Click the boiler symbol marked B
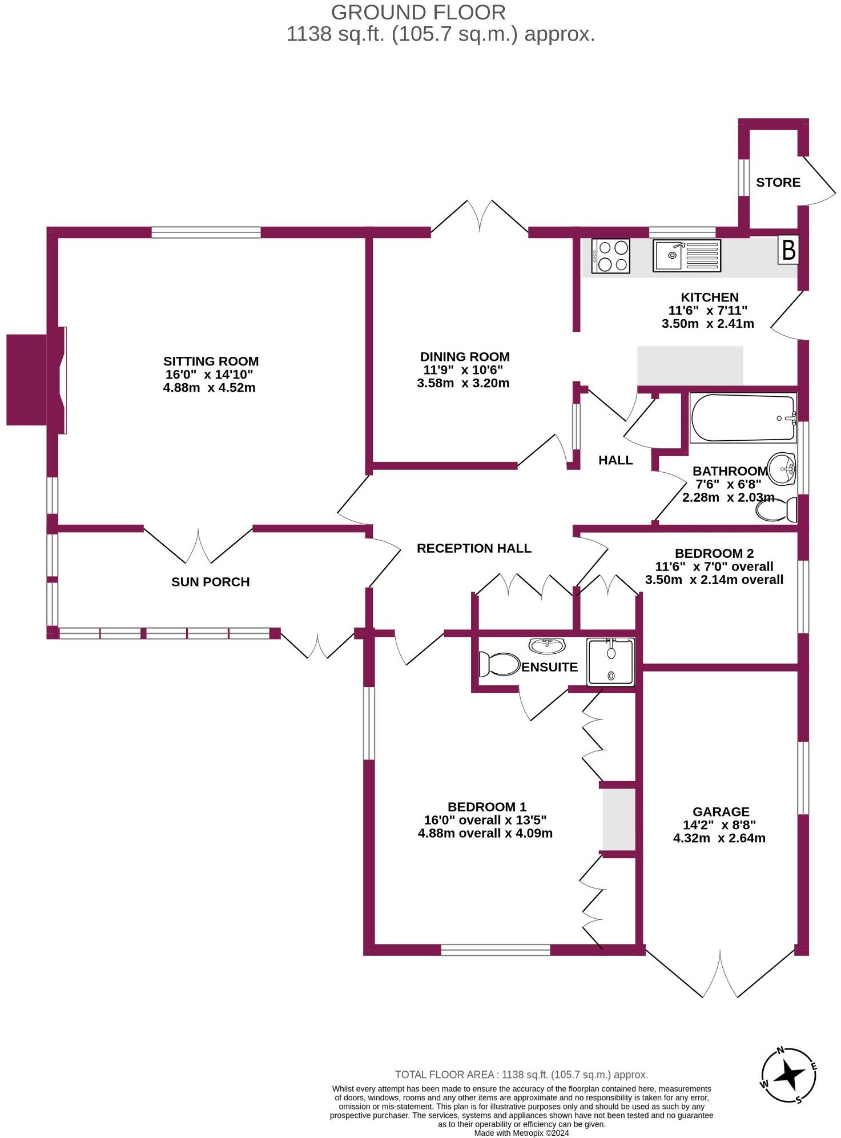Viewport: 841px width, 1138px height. (x=788, y=250)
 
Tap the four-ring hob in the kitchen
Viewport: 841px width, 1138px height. (x=611, y=255)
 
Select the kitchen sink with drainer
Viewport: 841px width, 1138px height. (x=687, y=255)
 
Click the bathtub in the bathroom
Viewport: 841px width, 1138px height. (x=743, y=417)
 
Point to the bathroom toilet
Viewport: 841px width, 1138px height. (x=777, y=509)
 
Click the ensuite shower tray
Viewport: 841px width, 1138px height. (x=611, y=662)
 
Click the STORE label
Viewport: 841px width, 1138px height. (x=778, y=182)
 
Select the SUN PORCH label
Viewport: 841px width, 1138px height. (x=210, y=582)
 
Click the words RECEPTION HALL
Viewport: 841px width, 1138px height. (x=474, y=548)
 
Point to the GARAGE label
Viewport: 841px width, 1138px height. (x=721, y=811)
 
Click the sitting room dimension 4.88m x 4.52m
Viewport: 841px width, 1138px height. (x=209, y=388)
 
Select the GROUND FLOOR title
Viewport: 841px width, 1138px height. (x=418, y=13)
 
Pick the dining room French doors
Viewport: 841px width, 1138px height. (x=480, y=217)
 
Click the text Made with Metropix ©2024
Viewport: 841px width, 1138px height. (x=521, y=1133)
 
